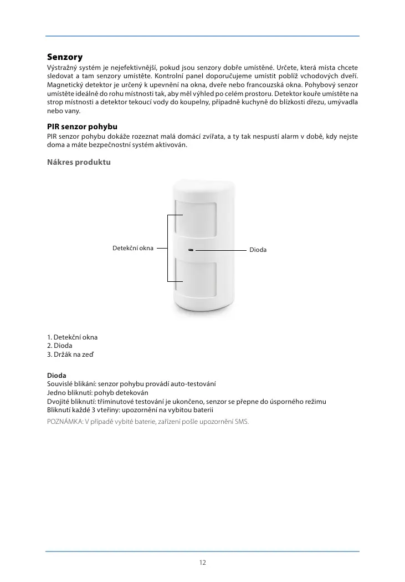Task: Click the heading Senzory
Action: [x=65, y=57]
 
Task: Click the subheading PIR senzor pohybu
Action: [x=82, y=128]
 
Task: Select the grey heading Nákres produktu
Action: [x=79, y=163]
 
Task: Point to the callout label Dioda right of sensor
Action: [x=257, y=250]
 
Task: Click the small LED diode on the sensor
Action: [x=190, y=250]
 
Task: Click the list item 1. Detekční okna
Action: [x=73, y=337]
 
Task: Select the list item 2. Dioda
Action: [x=60, y=346]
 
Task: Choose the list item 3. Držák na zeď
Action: [x=70, y=354]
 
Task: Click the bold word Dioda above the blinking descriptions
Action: [x=57, y=376]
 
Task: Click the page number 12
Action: [x=202, y=562]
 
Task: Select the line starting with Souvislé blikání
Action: [x=131, y=384]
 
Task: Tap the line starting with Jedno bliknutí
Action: [x=101, y=393]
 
